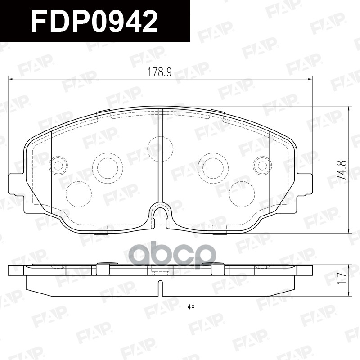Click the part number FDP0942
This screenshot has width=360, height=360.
coord(94,21)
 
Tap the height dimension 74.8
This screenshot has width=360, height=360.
coord(343,171)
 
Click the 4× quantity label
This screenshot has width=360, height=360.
coord(190,307)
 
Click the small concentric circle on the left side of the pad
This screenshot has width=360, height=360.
coord(58,165)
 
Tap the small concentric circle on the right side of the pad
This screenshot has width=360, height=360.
coord(262,165)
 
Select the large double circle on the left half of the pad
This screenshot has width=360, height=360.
coord(108,167)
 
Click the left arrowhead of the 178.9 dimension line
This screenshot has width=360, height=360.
coord(11,79)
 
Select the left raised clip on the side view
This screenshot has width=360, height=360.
coord(103,269)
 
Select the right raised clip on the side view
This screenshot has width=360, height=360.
coord(217,269)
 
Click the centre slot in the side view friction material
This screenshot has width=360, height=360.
coord(160,287)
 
